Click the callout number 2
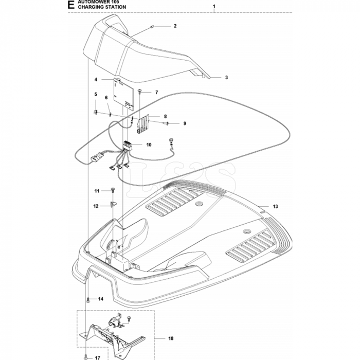tap(175, 26)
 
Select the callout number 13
tap(275, 206)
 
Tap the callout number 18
tap(171, 338)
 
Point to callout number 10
tap(149, 145)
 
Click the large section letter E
tap(71, 5)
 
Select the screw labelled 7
tap(139, 92)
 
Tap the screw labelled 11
tap(113, 190)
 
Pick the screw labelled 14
tap(88, 299)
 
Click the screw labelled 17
tap(85, 357)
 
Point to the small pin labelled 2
tap(152, 27)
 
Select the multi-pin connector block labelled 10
tap(127, 146)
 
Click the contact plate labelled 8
tap(143, 124)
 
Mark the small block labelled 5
tap(96, 112)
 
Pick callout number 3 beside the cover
tap(226, 78)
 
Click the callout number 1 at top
tap(214, 6)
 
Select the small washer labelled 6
tap(110, 114)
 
